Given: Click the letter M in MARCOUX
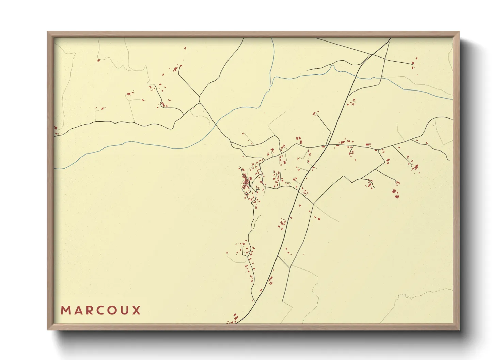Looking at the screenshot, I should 65,310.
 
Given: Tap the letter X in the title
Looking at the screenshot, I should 137,310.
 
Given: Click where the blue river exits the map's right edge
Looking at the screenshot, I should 452,99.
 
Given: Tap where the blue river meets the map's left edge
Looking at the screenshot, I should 55,169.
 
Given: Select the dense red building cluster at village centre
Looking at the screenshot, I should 245,180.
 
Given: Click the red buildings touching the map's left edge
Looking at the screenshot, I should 56,128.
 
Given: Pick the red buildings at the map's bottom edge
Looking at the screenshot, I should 233,320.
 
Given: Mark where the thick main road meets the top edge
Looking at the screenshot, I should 390,38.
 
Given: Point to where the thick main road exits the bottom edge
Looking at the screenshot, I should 237,323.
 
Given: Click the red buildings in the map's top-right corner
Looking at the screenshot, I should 414,65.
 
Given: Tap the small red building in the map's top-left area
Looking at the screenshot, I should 98,60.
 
